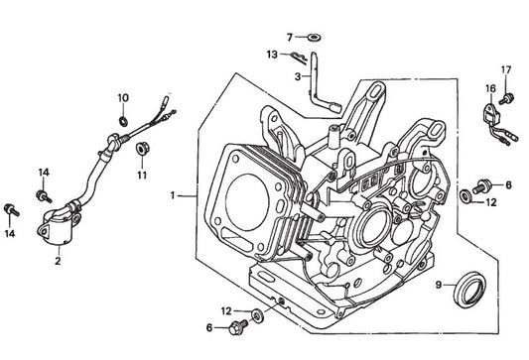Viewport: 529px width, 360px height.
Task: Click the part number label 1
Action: (x=173, y=195)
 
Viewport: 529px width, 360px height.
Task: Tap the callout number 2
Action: (x=58, y=260)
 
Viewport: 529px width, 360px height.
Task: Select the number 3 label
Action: (x=297, y=76)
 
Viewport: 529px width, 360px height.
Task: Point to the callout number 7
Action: (x=290, y=37)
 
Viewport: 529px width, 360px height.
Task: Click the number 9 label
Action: (x=439, y=285)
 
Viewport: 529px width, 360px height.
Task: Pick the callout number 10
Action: (x=123, y=98)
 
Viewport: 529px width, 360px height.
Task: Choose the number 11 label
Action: (x=142, y=175)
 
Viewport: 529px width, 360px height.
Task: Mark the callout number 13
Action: (x=272, y=55)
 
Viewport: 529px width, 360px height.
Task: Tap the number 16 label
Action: (x=491, y=88)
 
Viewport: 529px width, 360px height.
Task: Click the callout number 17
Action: (x=506, y=70)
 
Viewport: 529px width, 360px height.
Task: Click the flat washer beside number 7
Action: (x=314, y=37)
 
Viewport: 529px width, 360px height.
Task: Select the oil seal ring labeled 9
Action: (x=469, y=289)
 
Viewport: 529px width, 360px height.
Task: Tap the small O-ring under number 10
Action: (x=123, y=121)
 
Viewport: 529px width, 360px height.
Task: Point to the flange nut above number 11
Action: (x=142, y=149)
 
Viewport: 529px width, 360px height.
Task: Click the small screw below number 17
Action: (x=507, y=98)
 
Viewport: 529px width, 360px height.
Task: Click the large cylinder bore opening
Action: (x=247, y=202)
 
